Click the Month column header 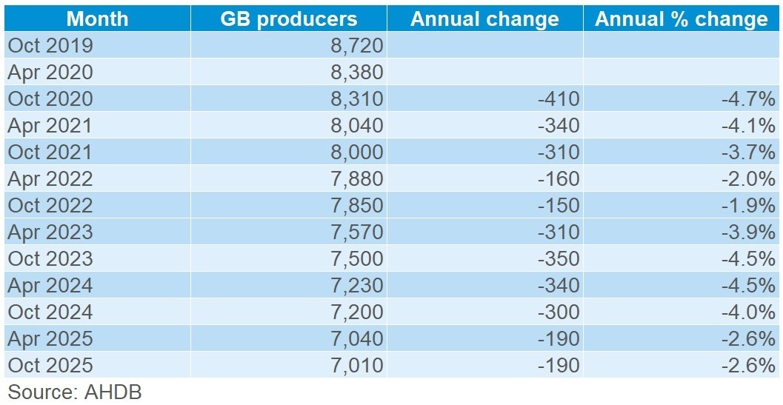coord(96,19)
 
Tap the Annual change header coord(485,19)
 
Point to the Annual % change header coord(682,19)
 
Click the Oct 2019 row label coord(50,46)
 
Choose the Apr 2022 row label coord(50,178)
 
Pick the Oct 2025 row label coord(50,365)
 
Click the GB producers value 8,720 coord(357,46)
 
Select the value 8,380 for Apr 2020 coord(357,73)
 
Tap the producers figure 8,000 coord(357,152)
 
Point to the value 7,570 coord(357,232)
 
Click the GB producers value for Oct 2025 coord(357,365)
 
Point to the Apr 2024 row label coord(50,285)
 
